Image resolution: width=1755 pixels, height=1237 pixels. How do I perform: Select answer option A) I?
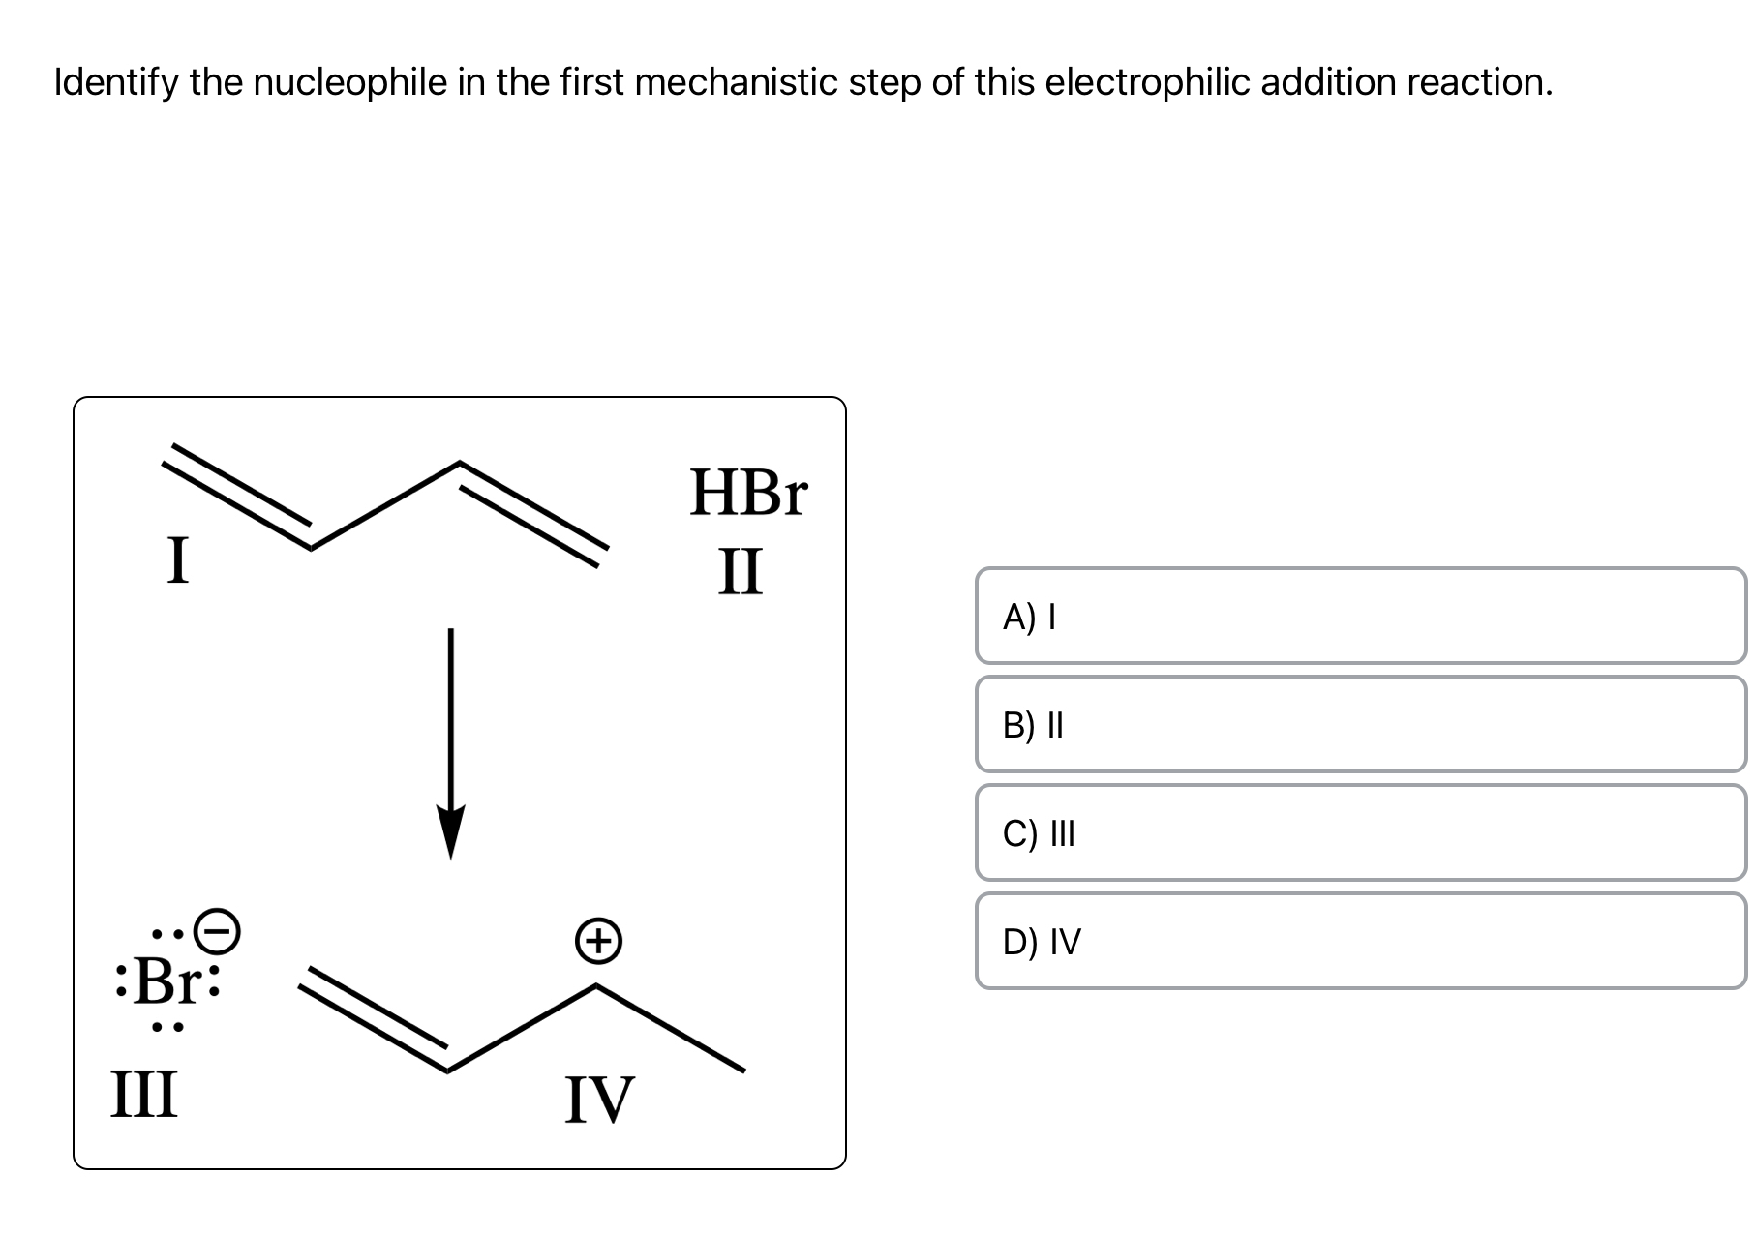coord(1360,616)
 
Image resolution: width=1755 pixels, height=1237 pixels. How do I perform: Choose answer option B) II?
coord(1360,724)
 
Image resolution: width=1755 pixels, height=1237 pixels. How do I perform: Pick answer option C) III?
coord(1360,832)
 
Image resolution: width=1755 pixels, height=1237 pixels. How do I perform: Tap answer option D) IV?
coord(1360,941)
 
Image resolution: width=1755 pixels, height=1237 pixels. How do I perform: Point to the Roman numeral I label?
coord(177,560)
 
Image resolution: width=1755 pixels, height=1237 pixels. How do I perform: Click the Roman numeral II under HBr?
coord(741,571)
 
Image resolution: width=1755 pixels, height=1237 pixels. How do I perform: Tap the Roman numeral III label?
coord(144,1094)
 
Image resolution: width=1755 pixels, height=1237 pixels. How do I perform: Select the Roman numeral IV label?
coord(599,1101)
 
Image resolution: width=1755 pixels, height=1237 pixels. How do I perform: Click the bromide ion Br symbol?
coord(166,981)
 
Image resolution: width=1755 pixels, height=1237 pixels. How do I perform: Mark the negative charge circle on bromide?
coord(218,931)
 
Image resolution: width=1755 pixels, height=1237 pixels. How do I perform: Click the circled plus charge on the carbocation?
coord(598,941)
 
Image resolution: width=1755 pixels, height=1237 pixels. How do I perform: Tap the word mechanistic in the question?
coord(737,83)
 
